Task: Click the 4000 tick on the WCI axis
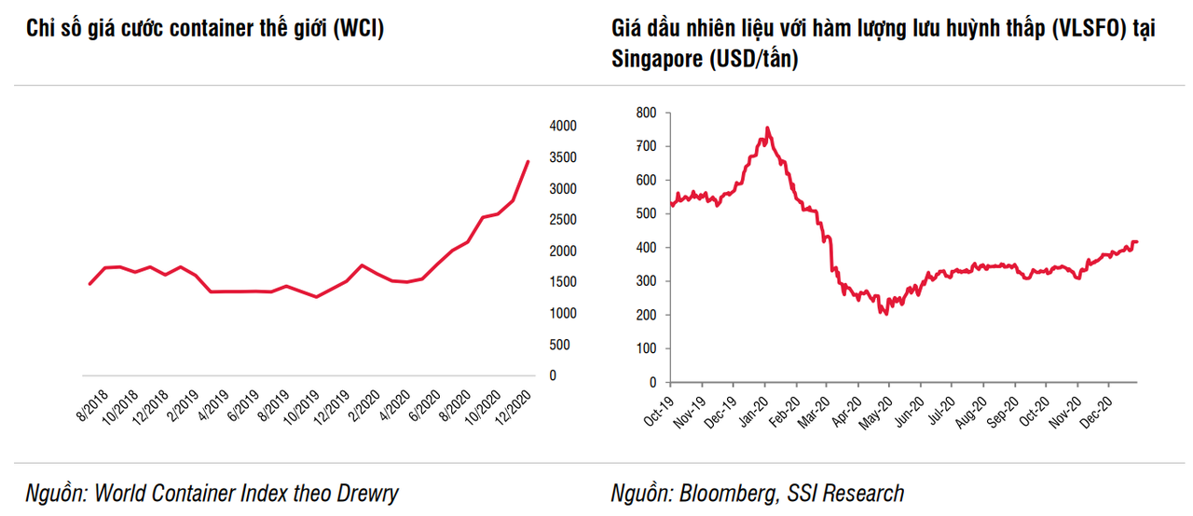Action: [x=564, y=126]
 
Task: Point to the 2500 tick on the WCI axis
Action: [x=564, y=220]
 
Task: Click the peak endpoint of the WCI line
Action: [x=528, y=161]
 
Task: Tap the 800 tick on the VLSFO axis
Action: [x=646, y=113]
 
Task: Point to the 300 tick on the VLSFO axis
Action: [x=646, y=281]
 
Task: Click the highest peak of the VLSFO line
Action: [x=767, y=128]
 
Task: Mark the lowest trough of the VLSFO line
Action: [x=884, y=315]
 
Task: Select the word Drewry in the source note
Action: [x=368, y=493]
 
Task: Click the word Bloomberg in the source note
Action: [x=721, y=493]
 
